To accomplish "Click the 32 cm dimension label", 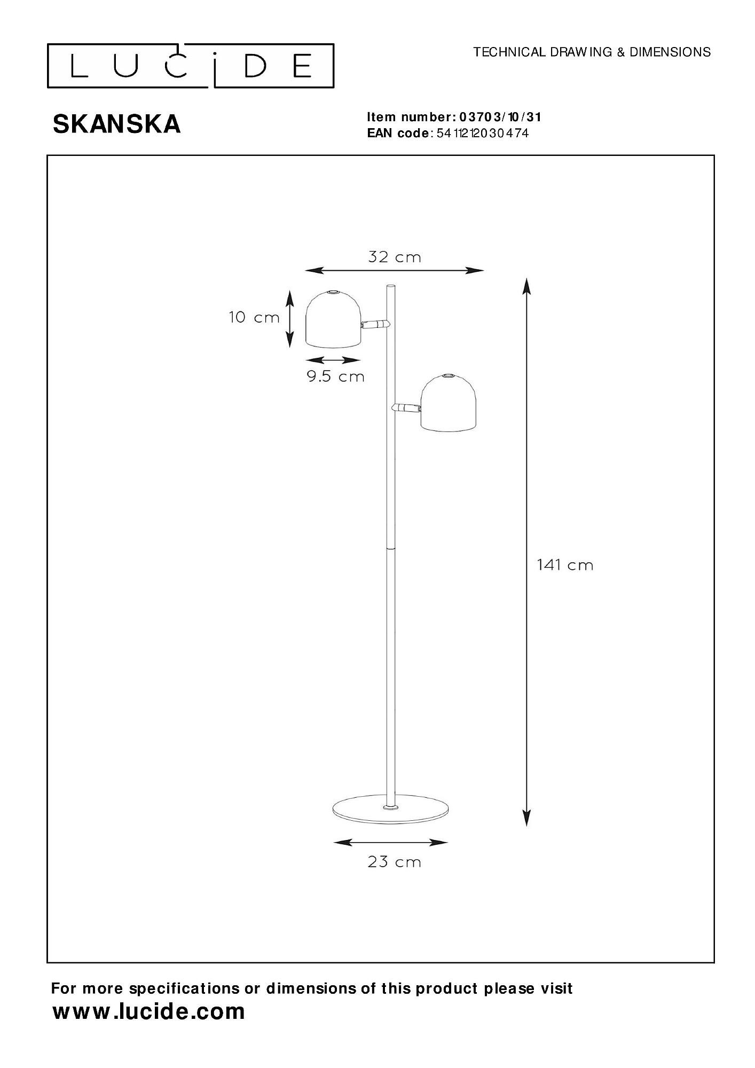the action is tap(395, 257).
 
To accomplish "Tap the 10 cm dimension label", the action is tap(254, 317).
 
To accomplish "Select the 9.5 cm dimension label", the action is tap(335, 376).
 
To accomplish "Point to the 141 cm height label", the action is tap(565, 565).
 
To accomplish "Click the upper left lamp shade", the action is tap(334, 318).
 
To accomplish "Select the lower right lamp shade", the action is tap(447, 401).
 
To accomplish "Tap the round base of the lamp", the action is tap(390, 826).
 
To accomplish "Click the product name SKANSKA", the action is tap(116, 124).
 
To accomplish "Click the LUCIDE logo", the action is tap(191, 66).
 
